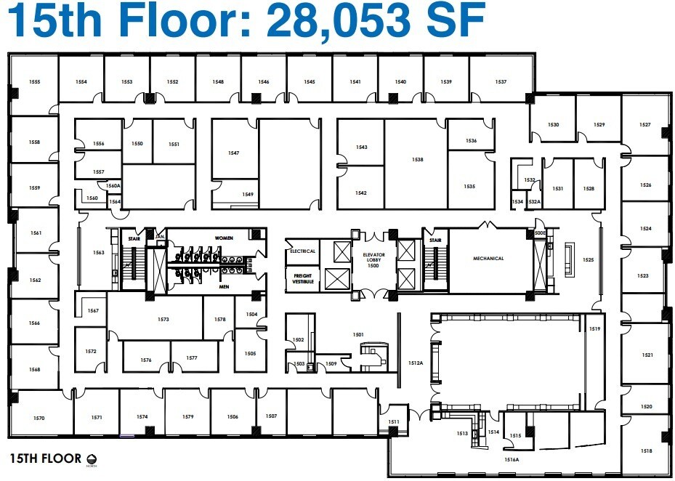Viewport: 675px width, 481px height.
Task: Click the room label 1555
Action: pos(34,82)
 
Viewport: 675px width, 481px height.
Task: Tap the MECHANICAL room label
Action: pos(488,258)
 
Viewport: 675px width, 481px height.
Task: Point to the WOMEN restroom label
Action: pos(223,238)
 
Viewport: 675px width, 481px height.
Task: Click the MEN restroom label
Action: pos(223,286)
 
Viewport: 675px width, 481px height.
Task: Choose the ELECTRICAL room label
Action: pos(302,251)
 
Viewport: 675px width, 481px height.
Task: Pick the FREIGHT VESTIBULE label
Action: pos(302,278)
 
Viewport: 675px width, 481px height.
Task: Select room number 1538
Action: pos(417,159)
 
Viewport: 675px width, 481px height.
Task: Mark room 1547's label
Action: pos(233,153)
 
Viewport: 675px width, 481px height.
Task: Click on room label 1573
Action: pos(163,320)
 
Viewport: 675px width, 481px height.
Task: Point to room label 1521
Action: pos(647,355)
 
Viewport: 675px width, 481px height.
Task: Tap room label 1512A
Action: pos(416,363)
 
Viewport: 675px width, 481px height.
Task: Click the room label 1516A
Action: pos(512,459)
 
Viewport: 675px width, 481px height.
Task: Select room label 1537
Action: pos(501,82)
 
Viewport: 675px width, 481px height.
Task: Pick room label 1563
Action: pos(99,253)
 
